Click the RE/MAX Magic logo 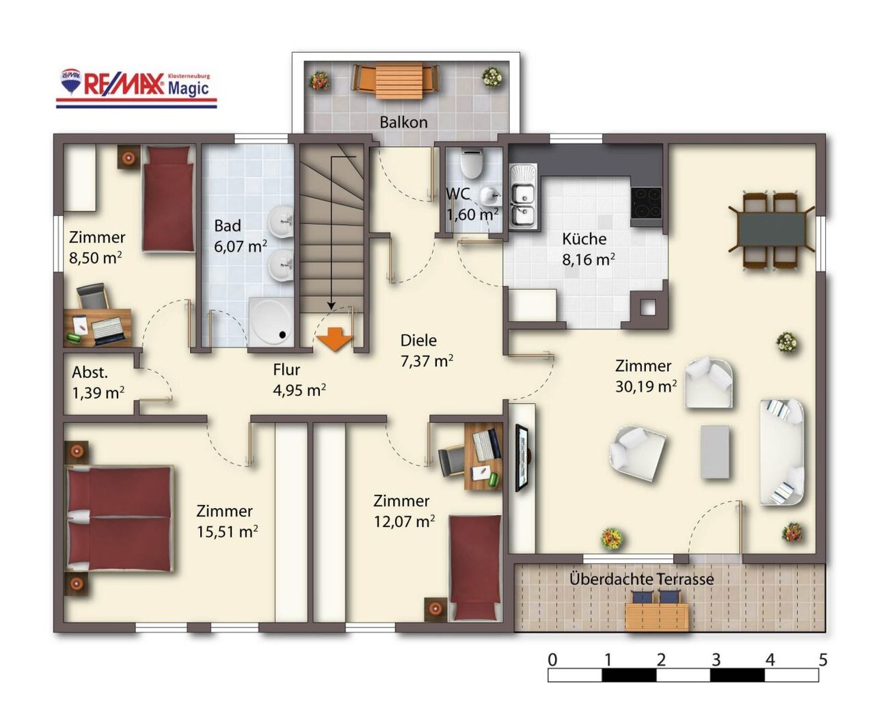point(137,88)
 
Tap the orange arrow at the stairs point(334,339)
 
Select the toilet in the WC point(472,164)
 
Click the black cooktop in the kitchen point(646,203)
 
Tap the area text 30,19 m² point(646,387)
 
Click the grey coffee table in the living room point(715,451)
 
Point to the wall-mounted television point(523,457)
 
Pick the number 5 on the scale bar point(823,660)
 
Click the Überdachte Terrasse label point(642,579)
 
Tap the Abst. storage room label point(90,372)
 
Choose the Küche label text point(584,239)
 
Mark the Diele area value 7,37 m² point(427,361)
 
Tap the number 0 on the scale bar point(553,660)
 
